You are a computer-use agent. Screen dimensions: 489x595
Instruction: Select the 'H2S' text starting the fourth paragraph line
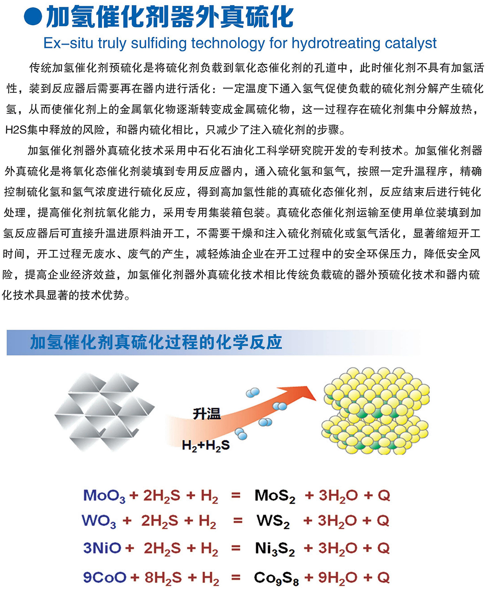16,130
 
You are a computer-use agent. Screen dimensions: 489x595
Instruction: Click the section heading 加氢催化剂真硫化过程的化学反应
156,342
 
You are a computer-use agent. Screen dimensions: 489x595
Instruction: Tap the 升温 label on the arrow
207,414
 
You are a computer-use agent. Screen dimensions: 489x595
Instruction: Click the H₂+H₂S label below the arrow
206,446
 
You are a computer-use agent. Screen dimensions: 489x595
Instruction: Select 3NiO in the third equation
102,548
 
